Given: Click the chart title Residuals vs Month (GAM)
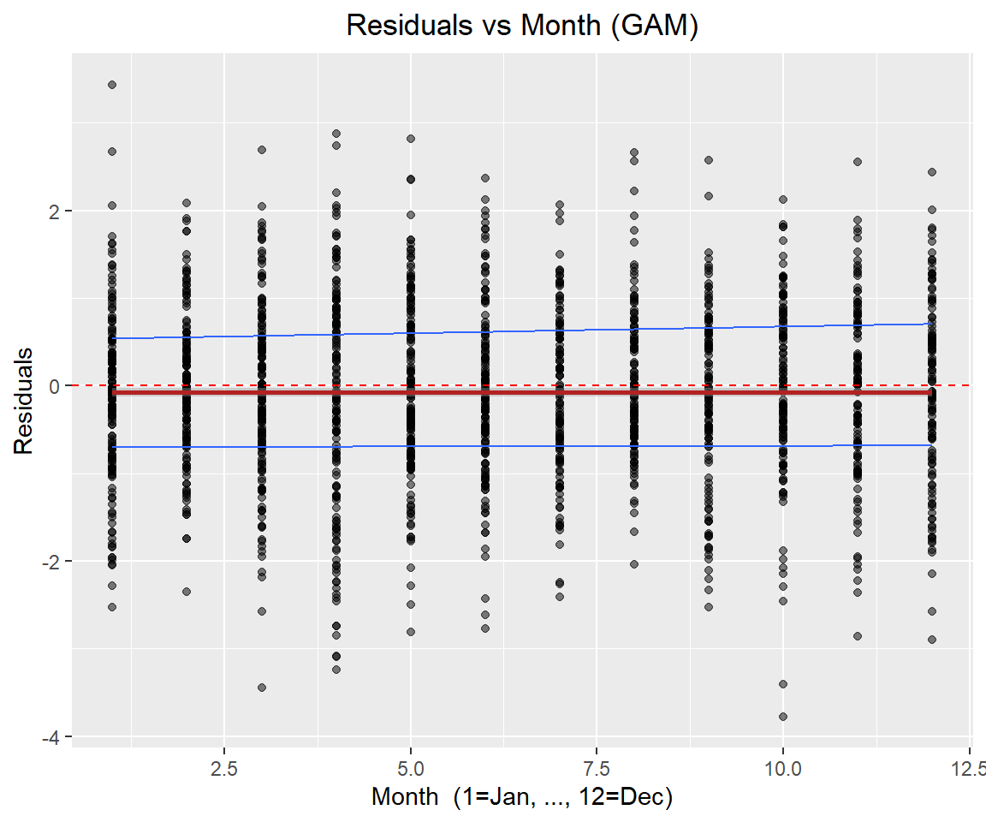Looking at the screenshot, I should coord(522,27).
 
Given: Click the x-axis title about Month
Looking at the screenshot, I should coord(522,797).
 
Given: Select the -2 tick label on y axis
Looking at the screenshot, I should coord(54,562).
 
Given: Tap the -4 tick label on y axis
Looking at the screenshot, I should coord(54,737).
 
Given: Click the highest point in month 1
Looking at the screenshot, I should coord(112,85).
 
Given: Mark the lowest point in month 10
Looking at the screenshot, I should coord(782,717).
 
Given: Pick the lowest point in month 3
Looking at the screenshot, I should coord(262,688).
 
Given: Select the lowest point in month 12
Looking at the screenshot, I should coord(931,640).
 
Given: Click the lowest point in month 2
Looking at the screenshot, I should coord(187,592).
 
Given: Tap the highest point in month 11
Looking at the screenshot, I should coord(857,162).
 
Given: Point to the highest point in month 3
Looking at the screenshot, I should coord(262,150).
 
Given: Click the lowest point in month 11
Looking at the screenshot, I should coord(857,636).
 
